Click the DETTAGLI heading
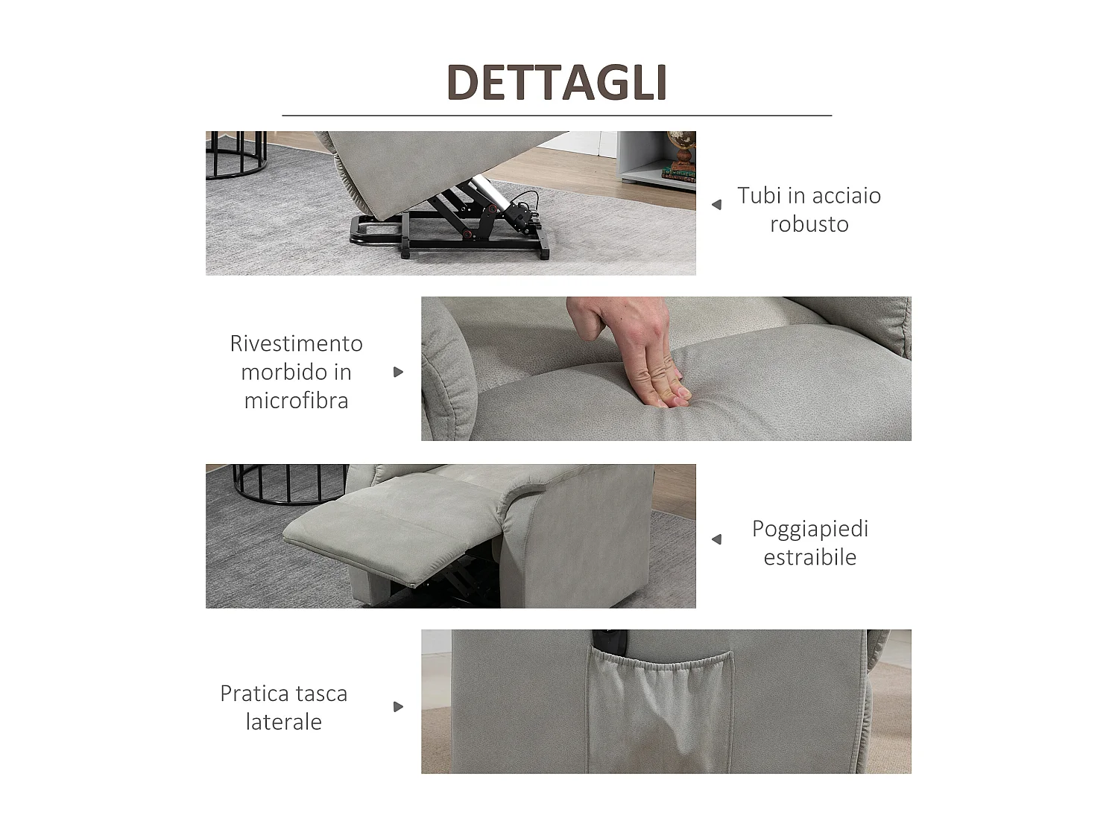point(557,83)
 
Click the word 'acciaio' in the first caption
point(847,195)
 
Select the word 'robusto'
point(809,224)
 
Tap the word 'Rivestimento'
point(296,343)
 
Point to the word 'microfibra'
point(296,401)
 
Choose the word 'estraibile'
point(810,557)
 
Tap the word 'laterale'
point(284,722)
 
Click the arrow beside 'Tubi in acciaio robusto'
point(717,205)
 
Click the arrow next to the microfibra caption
point(398,372)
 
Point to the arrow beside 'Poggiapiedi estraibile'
point(717,539)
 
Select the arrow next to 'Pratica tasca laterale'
point(398,707)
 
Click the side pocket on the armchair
point(660,712)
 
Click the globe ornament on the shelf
point(682,148)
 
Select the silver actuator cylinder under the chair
point(487,196)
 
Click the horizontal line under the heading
point(557,115)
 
